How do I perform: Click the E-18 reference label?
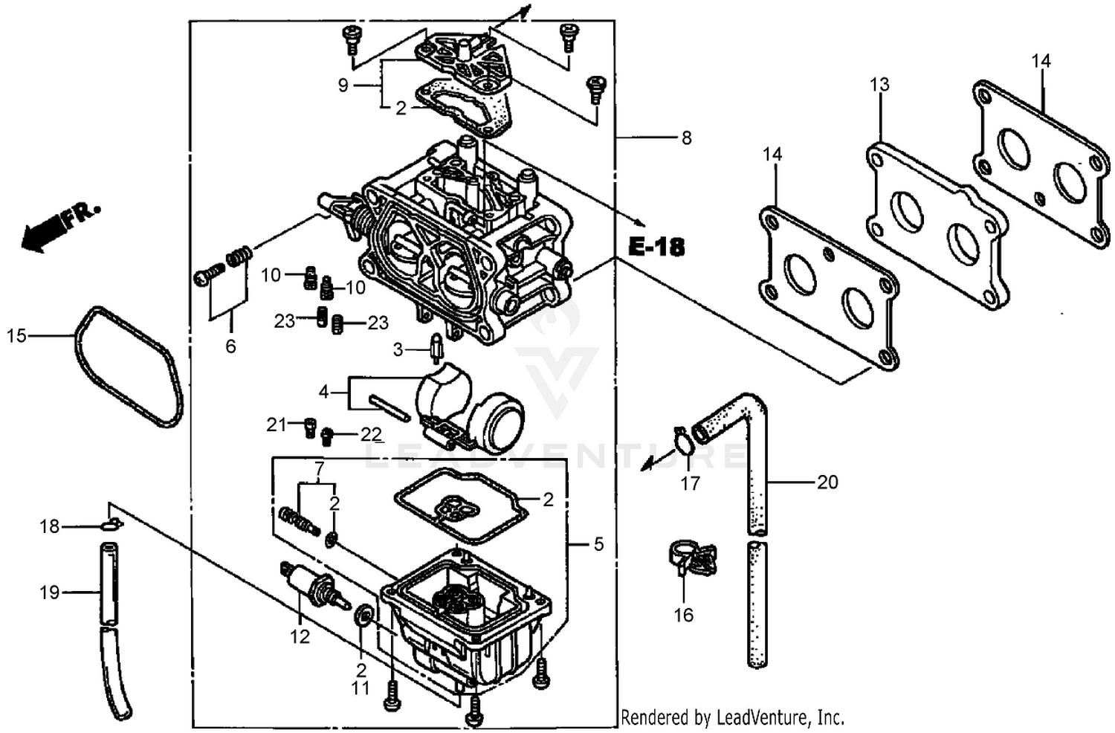tap(656, 247)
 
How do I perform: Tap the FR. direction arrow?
tap(59, 225)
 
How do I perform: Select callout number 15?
tap(16, 336)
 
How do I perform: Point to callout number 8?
tap(686, 138)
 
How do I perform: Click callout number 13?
tap(879, 85)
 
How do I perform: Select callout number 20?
tap(827, 482)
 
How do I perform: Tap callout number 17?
tap(690, 483)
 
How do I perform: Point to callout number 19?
tap(50, 592)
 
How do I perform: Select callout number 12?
tap(300, 636)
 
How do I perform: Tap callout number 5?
tap(598, 545)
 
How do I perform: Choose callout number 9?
tap(343, 85)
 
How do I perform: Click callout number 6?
tap(230, 346)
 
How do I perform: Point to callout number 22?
tap(371, 435)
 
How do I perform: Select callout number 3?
tap(398, 349)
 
